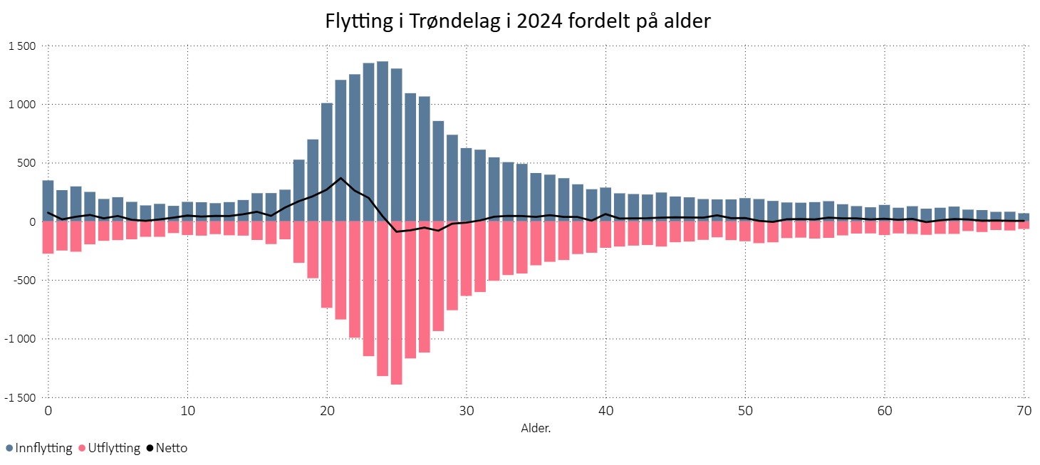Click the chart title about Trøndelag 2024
coord(518,21)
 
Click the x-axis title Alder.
coord(536,429)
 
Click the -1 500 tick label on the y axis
coord(19,397)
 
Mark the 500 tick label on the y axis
coord(26,163)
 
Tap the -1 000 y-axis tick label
coord(19,339)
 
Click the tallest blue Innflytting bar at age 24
coord(383,142)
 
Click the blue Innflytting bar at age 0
coord(48,201)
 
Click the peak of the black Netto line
coord(340,178)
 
